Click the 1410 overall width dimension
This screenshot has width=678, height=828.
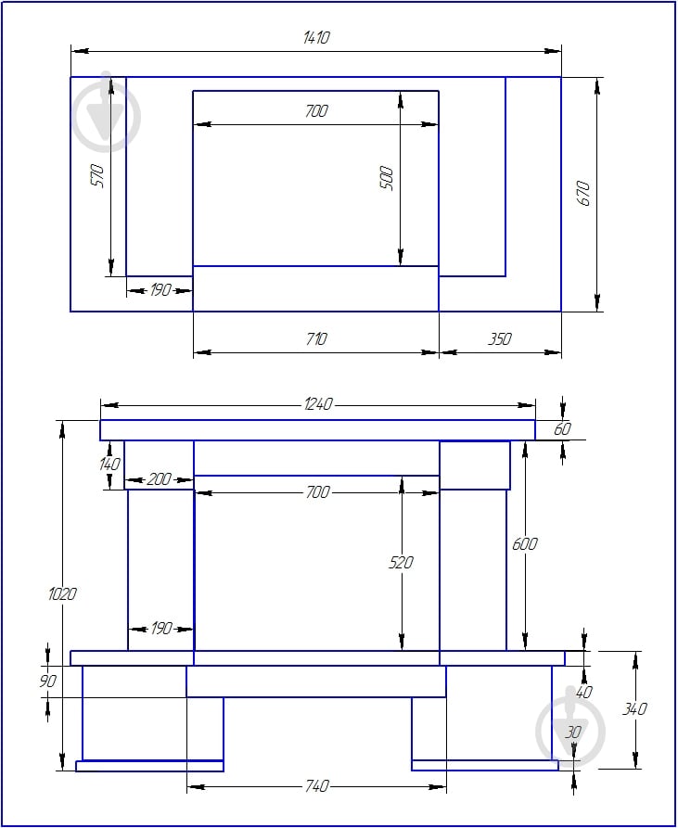(x=316, y=37)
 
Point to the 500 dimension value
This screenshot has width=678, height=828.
(x=387, y=178)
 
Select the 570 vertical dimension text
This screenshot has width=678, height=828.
(x=97, y=176)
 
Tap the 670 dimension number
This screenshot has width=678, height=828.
(x=583, y=193)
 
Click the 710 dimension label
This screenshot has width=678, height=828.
(x=316, y=338)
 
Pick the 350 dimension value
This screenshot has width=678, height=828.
(x=500, y=338)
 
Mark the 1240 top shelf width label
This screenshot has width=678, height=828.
(x=318, y=404)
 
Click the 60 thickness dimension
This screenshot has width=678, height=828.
(x=562, y=428)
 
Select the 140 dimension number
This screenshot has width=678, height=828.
(x=109, y=465)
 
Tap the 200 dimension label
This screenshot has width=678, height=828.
(x=159, y=479)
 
